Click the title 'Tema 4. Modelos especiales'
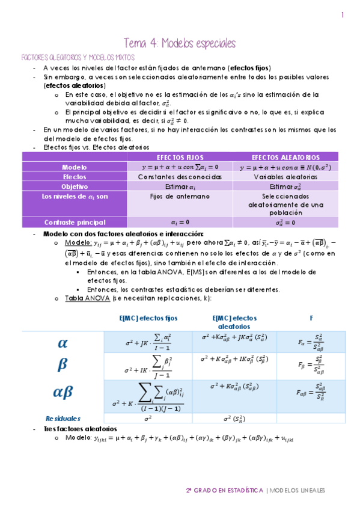[x=180, y=43]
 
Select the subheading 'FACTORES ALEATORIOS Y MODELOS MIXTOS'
[x=78, y=57]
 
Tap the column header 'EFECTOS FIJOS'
[x=180, y=157]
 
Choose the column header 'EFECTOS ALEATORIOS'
[x=285, y=157]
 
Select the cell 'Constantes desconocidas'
[x=180, y=177]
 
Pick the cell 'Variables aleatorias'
[x=285, y=177]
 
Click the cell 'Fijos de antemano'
[x=180, y=196]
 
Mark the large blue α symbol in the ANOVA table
[x=63, y=343]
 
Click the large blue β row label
[x=63, y=365]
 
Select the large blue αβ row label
[x=63, y=392]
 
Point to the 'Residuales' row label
[x=63, y=418]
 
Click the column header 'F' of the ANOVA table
[x=311, y=318]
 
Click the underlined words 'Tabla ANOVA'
[x=83, y=298]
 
